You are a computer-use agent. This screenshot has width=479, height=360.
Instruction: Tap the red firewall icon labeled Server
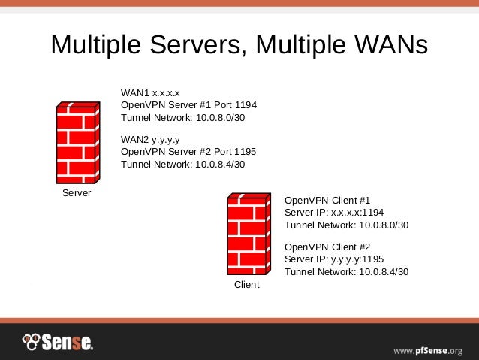[x=77, y=144]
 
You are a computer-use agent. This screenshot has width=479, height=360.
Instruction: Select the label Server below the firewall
[x=77, y=194]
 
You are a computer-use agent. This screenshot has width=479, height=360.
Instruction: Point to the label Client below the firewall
[x=247, y=285]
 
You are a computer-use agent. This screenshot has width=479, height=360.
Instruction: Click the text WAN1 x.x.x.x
[x=150, y=93]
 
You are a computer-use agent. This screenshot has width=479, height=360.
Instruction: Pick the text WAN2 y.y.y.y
[x=150, y=139]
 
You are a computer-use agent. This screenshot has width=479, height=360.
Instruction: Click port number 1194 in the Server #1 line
[x=246, y=106]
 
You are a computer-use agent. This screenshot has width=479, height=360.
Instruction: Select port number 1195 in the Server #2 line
[x=246, y=152]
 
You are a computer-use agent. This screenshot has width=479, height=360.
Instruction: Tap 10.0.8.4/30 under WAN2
[x=220, y=165]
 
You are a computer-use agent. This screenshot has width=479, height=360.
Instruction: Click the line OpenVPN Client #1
[x=327, y=201]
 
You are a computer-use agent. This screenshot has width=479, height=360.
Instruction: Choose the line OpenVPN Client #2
[x=327, y=247]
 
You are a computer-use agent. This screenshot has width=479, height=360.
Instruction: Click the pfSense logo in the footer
[x=58, y=343]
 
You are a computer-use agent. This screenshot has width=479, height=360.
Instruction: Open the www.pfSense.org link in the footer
[x=428, y=350]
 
